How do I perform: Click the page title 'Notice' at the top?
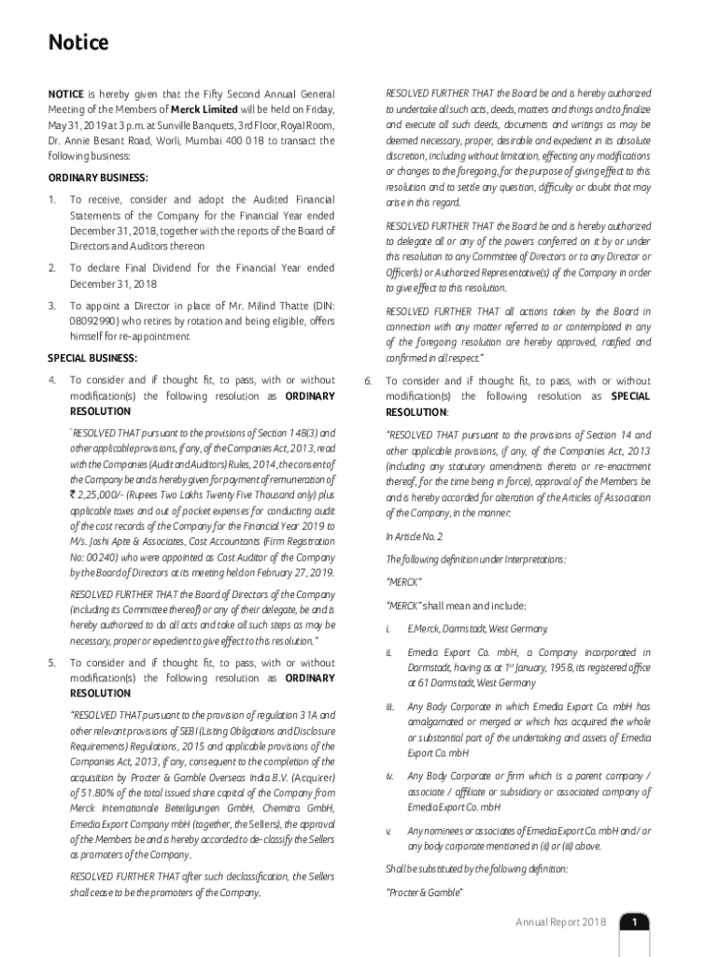pyautogui.click(x=78, y=43)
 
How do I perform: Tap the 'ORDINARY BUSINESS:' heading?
pyautogui.click(x=98, y=178)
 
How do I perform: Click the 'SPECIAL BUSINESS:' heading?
pyautogui.click(x=92, y=358)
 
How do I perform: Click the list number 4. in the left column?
pyautogui.click(x=52, y=379)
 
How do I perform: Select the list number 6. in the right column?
pyautogui.click(x=367, y=381)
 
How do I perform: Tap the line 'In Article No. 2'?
pyautogui.click(x=415, y=536)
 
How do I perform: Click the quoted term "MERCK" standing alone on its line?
pyautogui.click(x=403, y=582)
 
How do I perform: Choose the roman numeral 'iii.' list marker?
pyautogui.click(x=390, y=707)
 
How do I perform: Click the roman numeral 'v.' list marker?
pyautogui.click(x=388, y=831)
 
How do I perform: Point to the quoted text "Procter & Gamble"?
pyautogui.click(x=424, y=893)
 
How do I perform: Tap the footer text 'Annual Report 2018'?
pyautogui.click(x=560, y=922)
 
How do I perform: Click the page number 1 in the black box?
pyautogui.click(x=634, y=922)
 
